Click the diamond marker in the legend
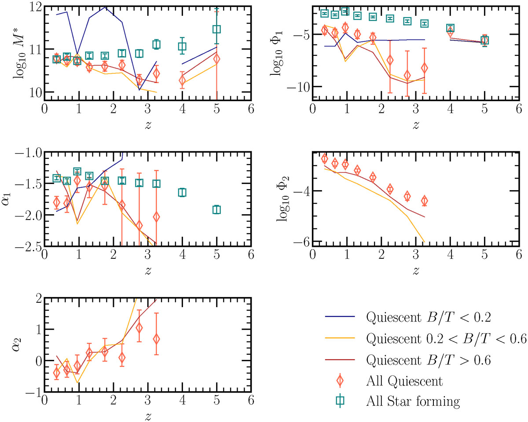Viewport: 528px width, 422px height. coord(339,381)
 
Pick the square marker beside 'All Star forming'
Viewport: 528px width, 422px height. coord(339,401)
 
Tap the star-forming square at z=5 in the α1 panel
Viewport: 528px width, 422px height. coord(216,210)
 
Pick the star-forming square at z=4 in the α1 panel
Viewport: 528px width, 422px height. coord(182,192)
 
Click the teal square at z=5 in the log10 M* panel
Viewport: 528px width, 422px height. coord(216,29)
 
